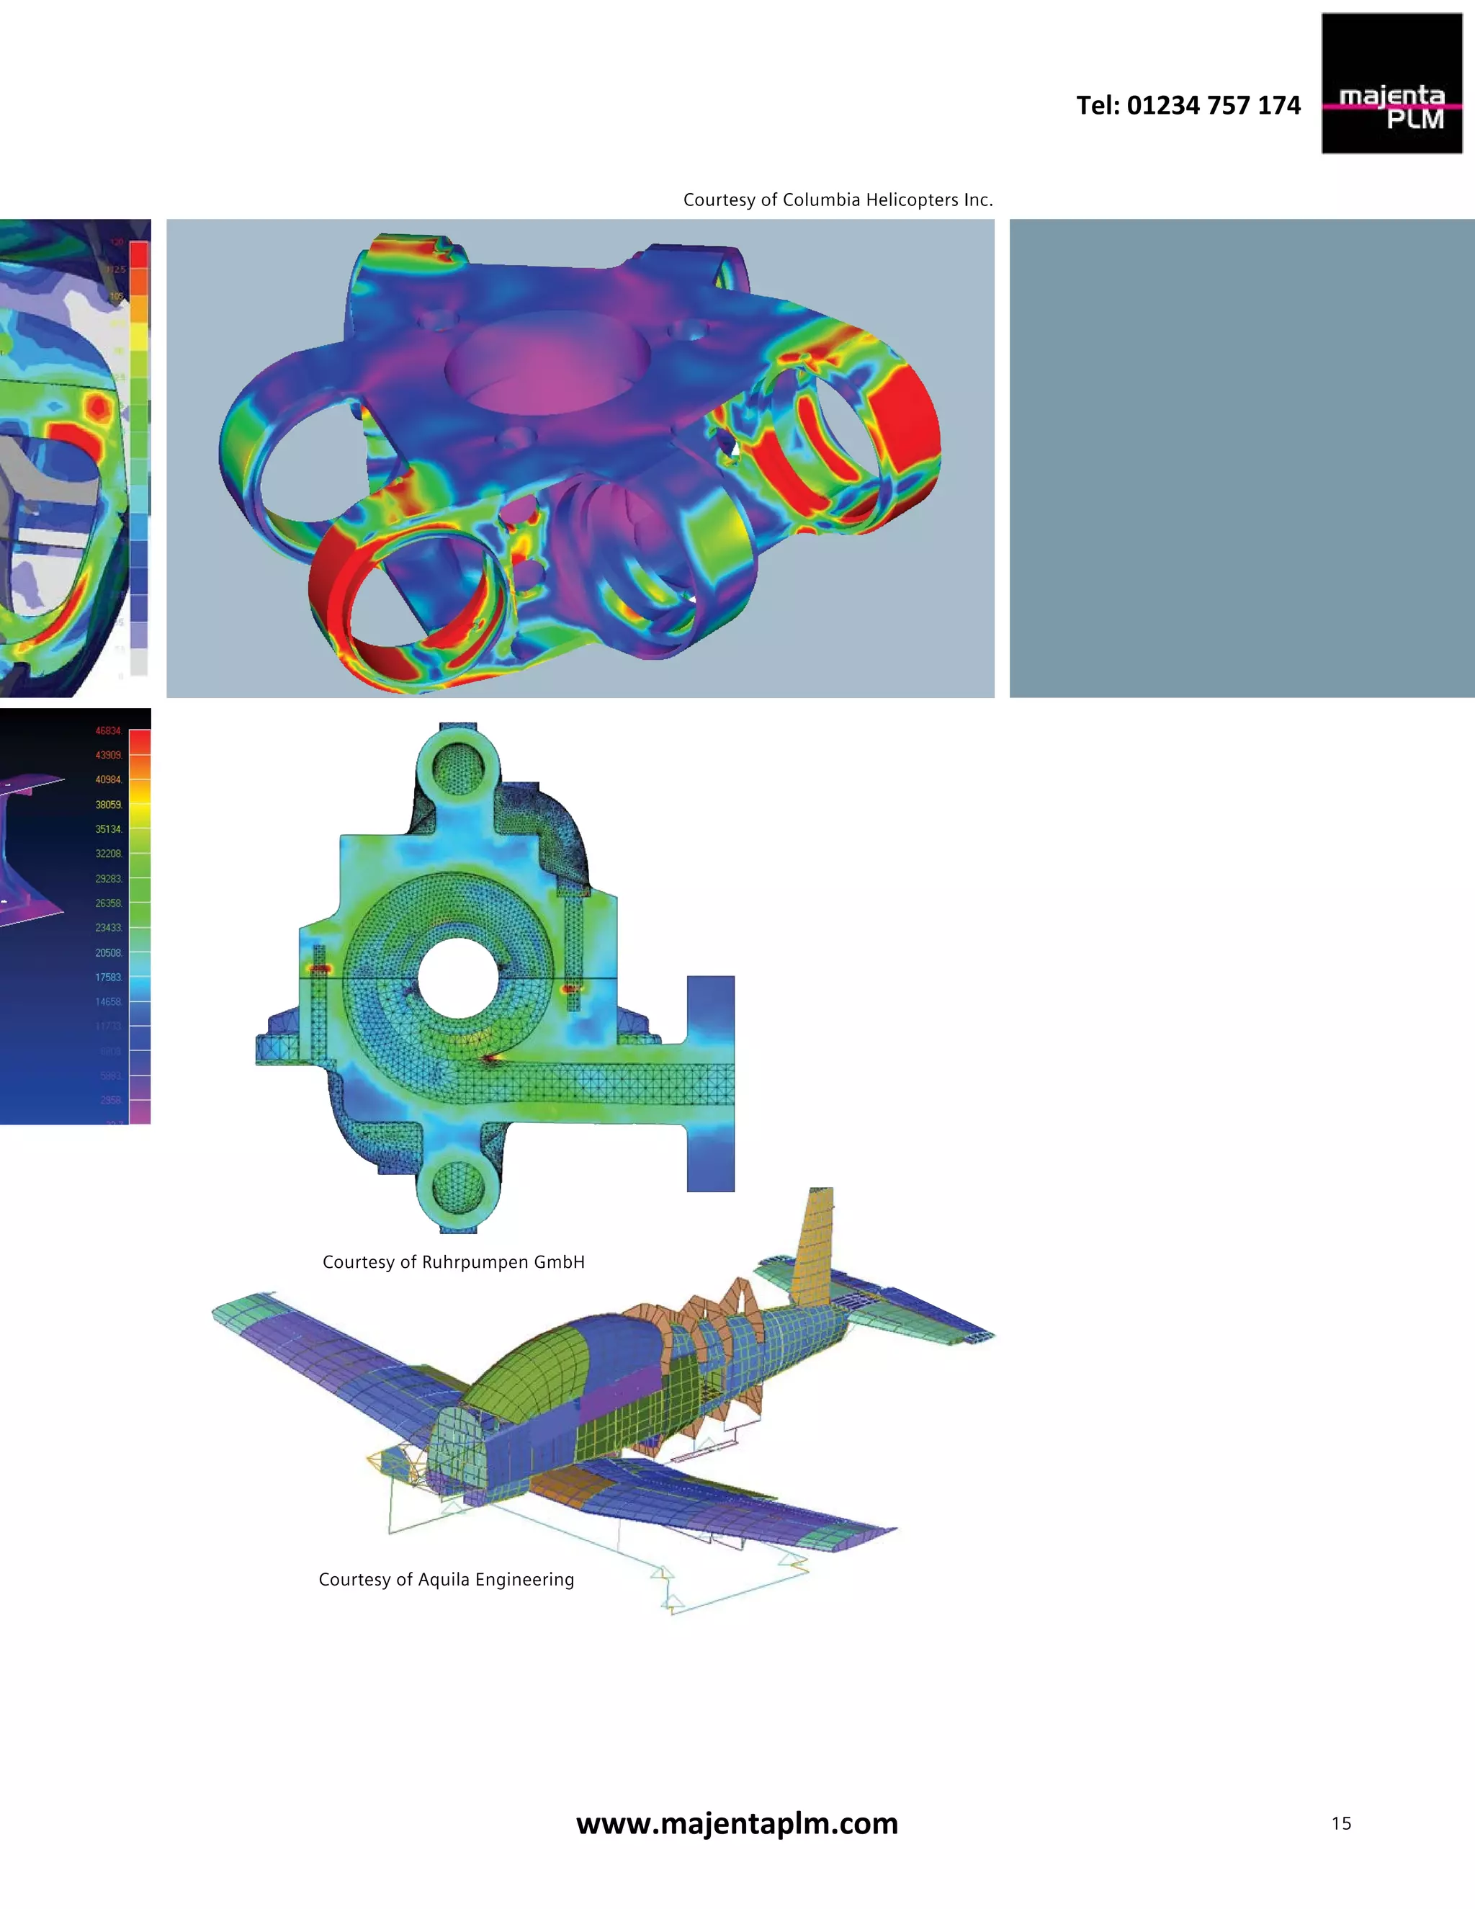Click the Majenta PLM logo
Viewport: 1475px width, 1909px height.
click(1391, 84)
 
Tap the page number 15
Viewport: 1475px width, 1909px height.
click(1340, 1823)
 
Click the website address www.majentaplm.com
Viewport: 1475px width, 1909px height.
click(737, 1823)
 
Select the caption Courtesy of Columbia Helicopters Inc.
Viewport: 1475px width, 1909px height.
click(837, 200)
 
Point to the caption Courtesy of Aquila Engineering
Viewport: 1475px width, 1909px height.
click(446, 1580)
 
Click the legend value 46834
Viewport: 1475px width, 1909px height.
click(108, 730)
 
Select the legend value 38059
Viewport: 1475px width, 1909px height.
click(108, 804)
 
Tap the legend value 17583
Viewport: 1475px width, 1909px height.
click(108, 978)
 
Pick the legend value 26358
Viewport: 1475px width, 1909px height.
click(108, 903)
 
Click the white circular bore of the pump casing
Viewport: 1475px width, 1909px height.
click(458, 978)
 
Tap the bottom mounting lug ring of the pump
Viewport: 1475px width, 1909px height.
click(458, 1191)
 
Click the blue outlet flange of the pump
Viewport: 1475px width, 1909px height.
click(710, 1084)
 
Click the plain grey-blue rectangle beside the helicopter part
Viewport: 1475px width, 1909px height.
click(1241, 458)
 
